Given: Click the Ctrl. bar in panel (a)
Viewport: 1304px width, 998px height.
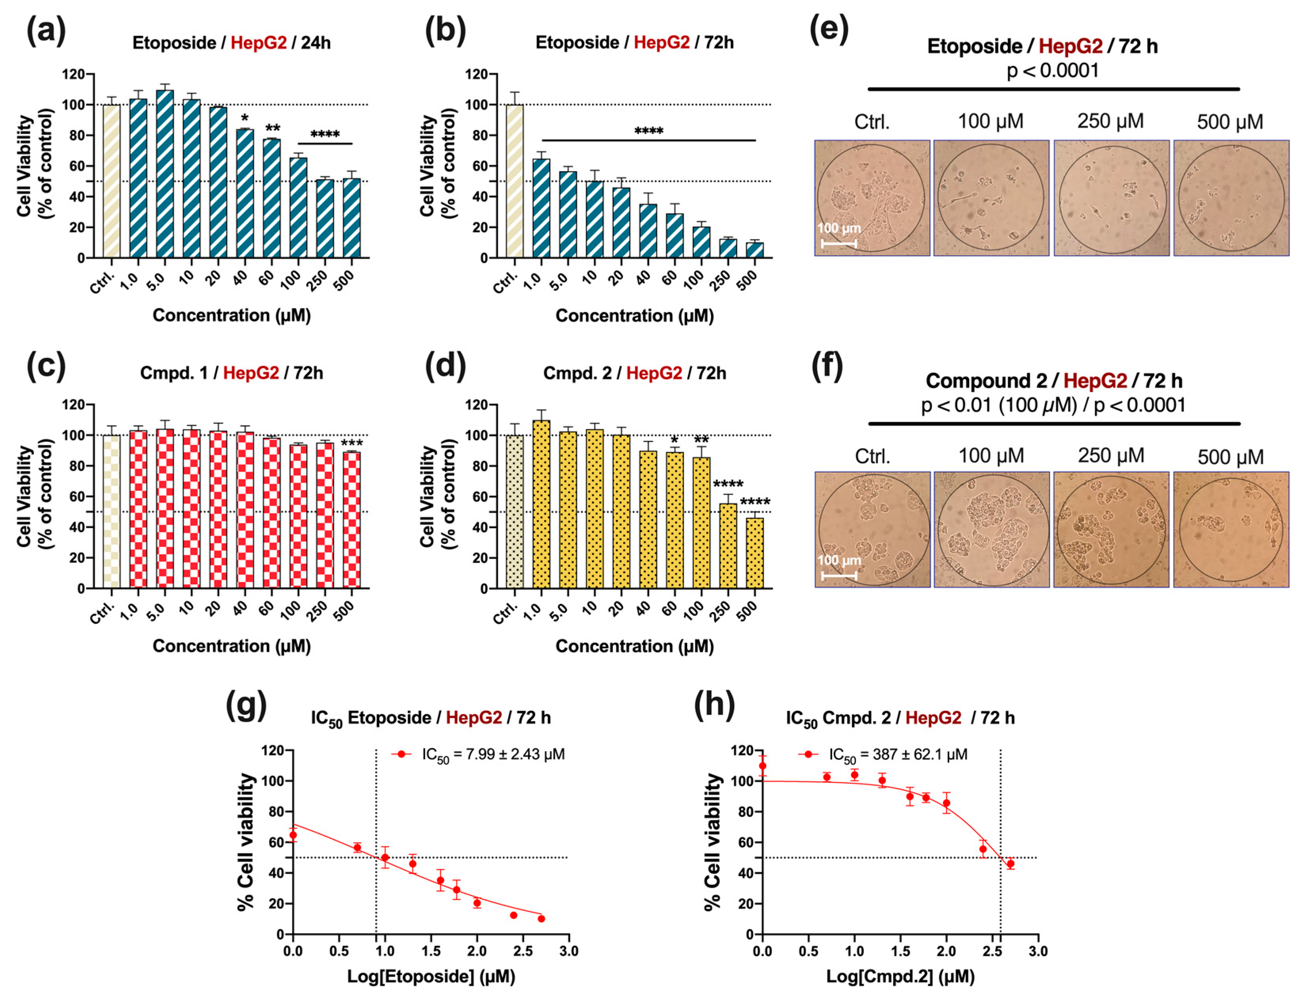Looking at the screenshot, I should click(111, 181).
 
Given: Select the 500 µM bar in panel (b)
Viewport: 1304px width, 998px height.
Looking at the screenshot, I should click(755, 250).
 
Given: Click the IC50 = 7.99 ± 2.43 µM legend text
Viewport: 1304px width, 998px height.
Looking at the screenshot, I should click(493, 754).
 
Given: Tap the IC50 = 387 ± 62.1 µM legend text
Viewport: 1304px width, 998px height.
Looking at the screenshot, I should click(898, 754).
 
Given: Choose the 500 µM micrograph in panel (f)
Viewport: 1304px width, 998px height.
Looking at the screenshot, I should click(1231, 529).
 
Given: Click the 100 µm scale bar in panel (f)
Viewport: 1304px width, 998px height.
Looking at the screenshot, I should click(838, 575).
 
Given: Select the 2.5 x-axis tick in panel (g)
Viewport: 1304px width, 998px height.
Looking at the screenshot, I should click(523, 951).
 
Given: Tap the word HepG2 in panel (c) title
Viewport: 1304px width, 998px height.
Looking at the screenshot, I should click(251, 373).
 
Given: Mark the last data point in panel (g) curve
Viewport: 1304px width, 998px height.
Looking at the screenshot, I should click(541, 918).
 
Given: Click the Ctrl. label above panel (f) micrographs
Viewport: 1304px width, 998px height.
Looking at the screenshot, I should click(872, 456).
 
